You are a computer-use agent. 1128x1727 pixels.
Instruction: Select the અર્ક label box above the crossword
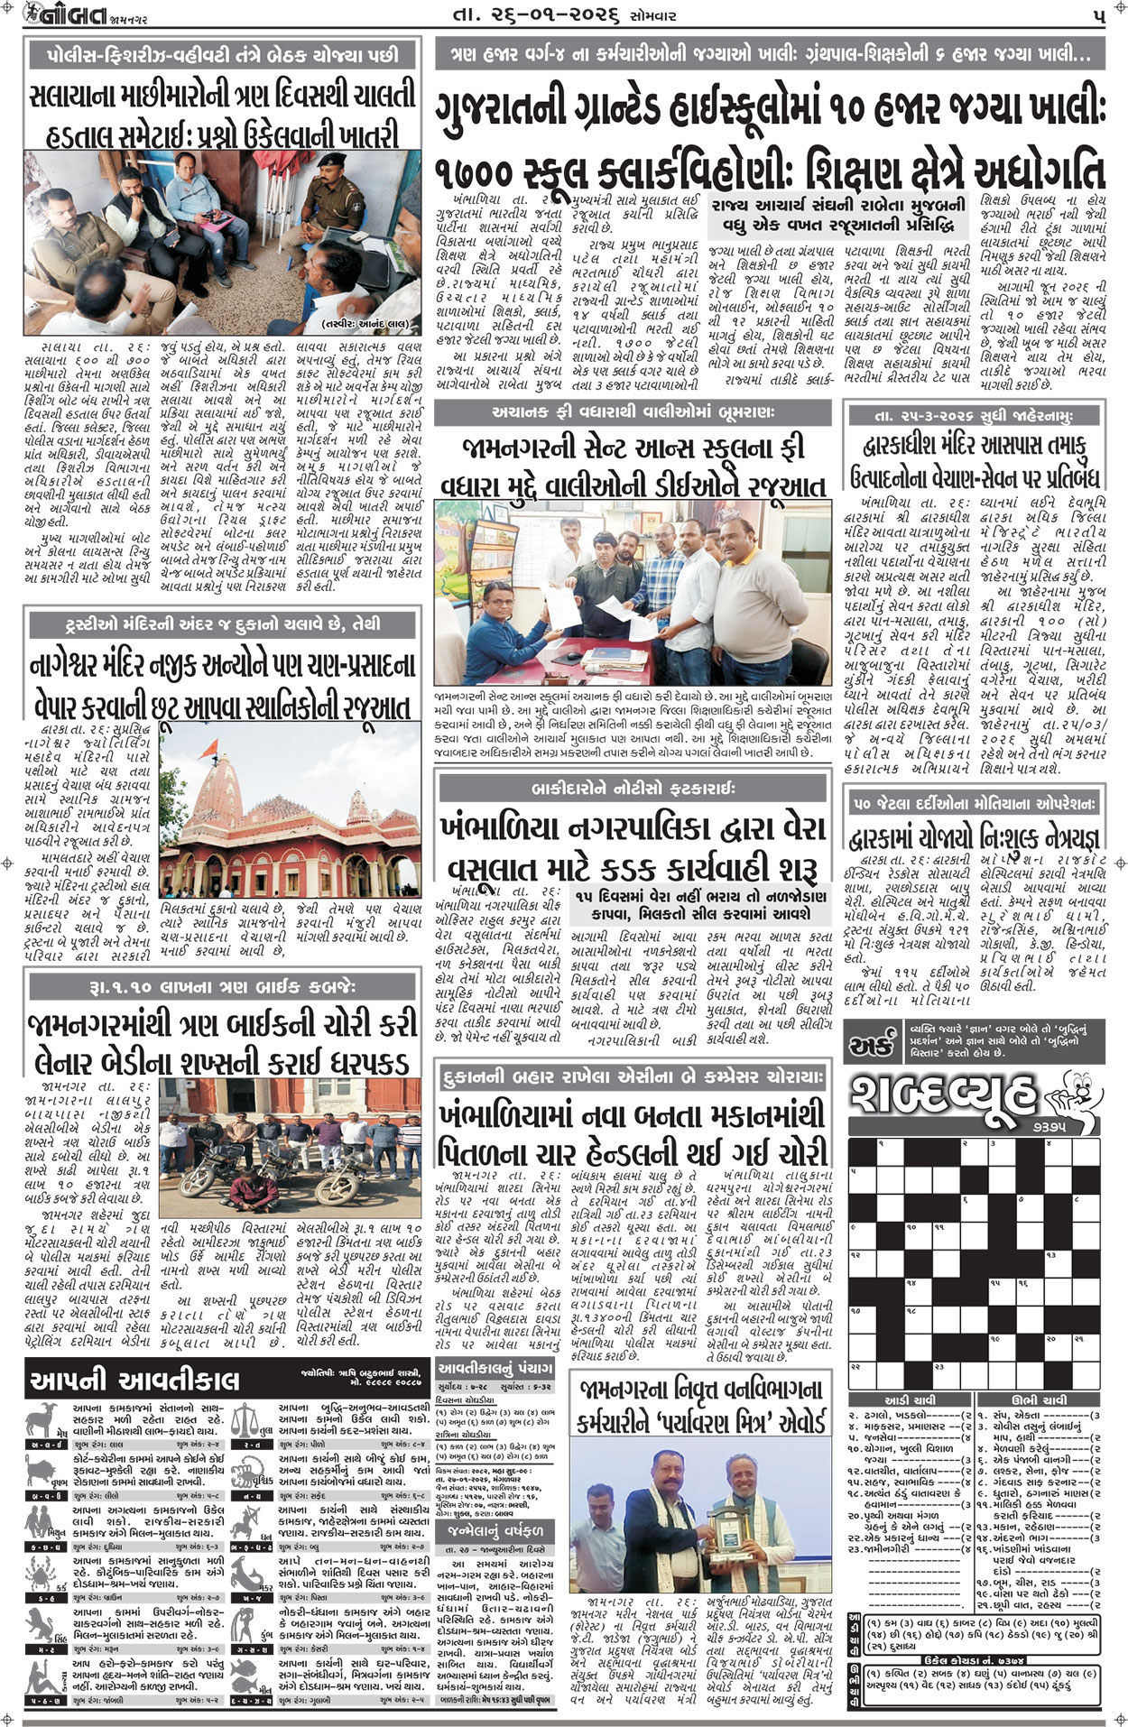tap(870, 1046)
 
